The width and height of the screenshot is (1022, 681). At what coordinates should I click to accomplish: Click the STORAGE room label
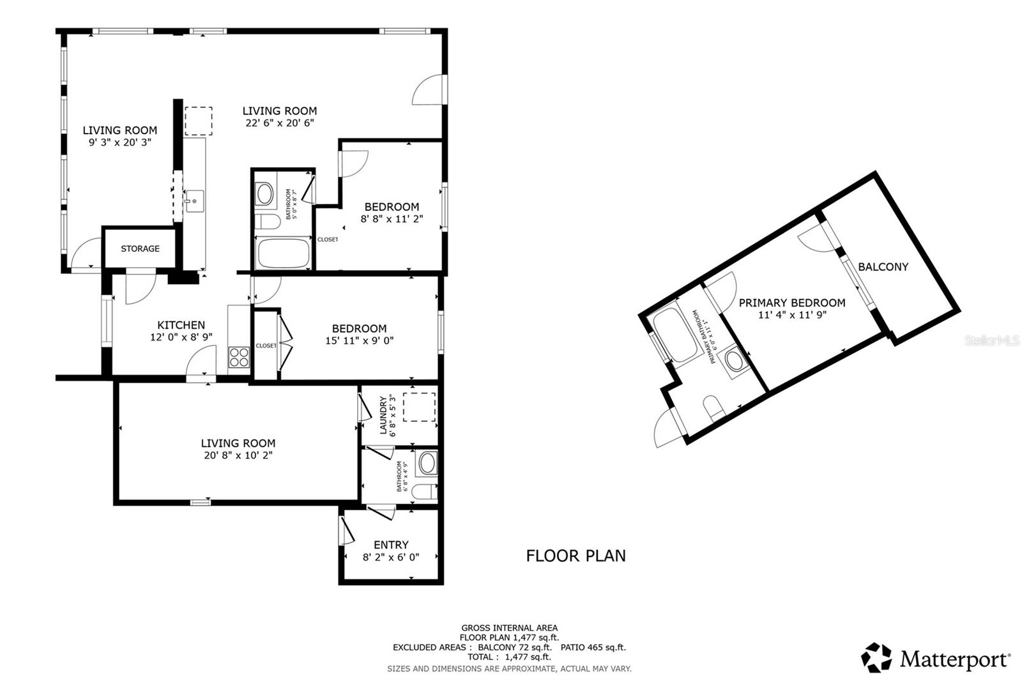click(x=140, y=249)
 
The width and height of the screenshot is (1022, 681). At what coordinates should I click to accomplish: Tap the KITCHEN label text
click(x=181, y=325)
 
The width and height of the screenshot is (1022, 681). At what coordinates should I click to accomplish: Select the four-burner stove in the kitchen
click(x=240, y=356)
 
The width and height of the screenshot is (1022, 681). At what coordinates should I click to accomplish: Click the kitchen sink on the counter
click(x=194, y=201)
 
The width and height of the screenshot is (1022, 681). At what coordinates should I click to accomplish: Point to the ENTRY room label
click(x=391, y=545)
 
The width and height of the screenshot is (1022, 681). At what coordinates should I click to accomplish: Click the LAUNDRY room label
click(x=384, y=415)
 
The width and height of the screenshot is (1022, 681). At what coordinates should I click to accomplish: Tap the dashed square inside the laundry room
click(x=419, y=407)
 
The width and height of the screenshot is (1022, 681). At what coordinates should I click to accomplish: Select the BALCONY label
click(x=883, y=267)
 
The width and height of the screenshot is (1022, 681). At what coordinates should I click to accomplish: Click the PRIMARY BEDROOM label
click(x=792, y=303)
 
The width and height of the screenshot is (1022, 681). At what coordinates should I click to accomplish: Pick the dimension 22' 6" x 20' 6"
click(x=279, y=123)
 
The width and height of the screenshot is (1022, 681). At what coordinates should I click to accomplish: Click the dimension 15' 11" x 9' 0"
click(x=359, y=340)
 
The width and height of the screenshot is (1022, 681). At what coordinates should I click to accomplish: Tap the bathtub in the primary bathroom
click(x=676, y=335)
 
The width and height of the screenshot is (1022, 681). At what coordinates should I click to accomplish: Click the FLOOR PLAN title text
click(x=576, y=556)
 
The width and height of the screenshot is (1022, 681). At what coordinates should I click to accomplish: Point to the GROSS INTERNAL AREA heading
click(x=509, y=628)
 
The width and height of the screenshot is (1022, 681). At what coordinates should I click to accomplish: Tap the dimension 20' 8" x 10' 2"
click(x=238, y=455)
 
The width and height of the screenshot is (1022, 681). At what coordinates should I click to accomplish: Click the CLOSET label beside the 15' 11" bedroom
click(x=266, y=346)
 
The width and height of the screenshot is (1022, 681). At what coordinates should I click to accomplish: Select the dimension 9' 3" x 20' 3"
click(x=119, y=142)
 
